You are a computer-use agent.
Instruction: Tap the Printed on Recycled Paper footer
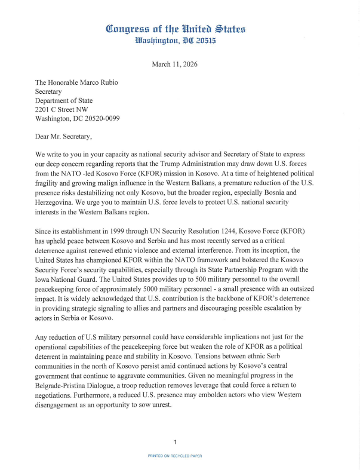175,456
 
